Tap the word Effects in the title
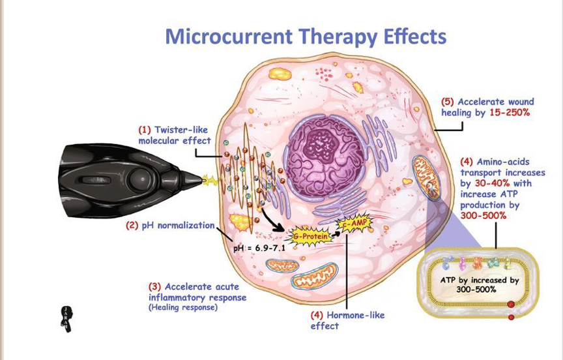point(412,36)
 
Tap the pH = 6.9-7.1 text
point(259,248)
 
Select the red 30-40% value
point(484,183)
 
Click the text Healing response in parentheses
point(183,307)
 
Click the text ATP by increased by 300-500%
point(484,284)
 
